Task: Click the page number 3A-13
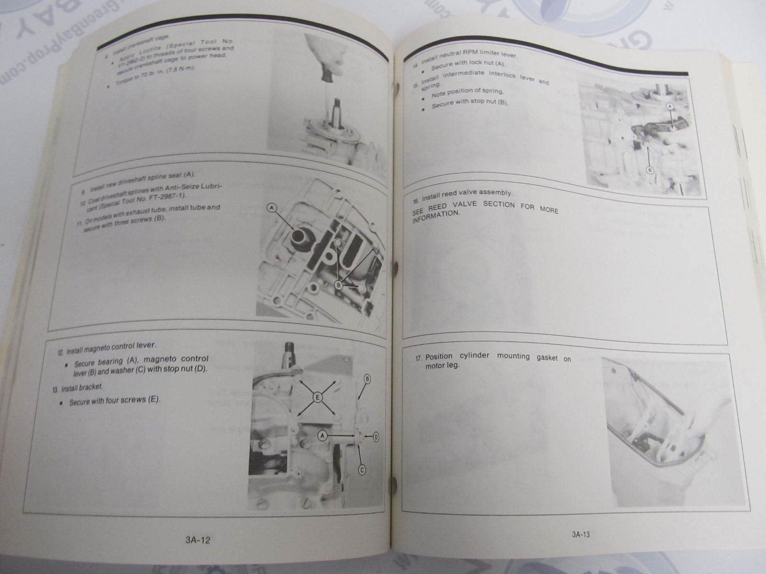point(581,535)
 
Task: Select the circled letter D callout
point(376,436)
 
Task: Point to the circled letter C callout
point(362,471)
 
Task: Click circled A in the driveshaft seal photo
point(272,208)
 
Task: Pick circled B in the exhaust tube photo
point(339,286)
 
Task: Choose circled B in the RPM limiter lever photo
point(650,170)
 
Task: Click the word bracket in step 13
point(90,387)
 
